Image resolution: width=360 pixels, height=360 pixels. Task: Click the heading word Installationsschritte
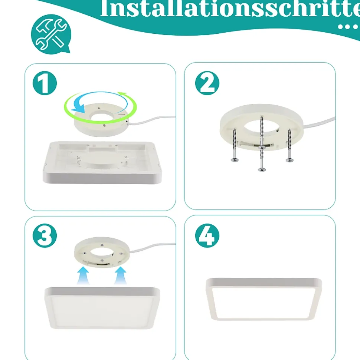(x=230, y=9)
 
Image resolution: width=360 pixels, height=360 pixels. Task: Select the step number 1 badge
(x=45, y=83)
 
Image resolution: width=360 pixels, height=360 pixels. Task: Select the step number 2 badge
(x=207, y=83)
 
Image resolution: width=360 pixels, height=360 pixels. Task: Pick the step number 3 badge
(x=45, y=235)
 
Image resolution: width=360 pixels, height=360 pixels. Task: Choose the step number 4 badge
(x=207, y=235)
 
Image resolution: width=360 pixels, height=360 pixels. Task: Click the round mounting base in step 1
(x=101, y=120)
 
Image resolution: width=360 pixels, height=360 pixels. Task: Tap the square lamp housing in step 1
(x=102, y=162)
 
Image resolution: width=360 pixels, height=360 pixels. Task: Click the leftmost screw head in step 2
(x=235, y=160)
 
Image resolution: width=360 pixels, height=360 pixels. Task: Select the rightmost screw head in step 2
(x=289, y=160)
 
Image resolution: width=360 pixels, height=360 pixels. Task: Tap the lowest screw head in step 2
(x=262, y=170)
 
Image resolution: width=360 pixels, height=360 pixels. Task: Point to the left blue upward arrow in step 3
(x=83, y=275)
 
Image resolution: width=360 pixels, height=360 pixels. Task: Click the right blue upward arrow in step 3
(x=121, y=275)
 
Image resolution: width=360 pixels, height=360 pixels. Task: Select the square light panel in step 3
(x=102, y=308)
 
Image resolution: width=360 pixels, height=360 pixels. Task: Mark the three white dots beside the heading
(x=348, y=27)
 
